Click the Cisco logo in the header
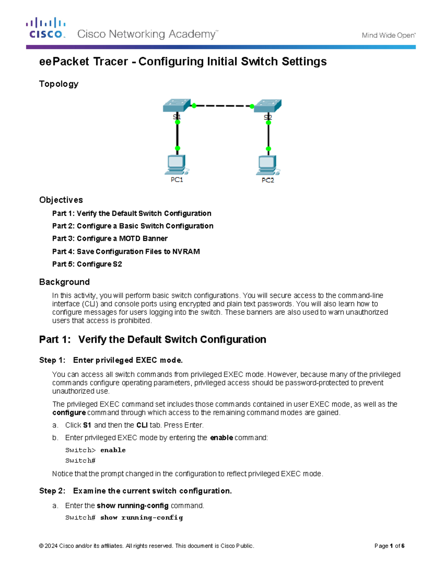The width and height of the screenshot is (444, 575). (x=46, y=28)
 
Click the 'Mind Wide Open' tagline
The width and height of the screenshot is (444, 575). (x=388, y=35)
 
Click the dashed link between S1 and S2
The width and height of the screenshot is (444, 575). (x=222, y=106)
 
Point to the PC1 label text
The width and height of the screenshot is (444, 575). (x=177, y=180)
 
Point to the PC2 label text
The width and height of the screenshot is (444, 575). (x=268, y=180)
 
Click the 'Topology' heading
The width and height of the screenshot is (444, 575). (x=59, y=84)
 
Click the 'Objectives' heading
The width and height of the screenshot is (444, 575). (x=61, y=200)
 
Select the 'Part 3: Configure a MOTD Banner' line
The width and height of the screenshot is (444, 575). (x=110, y=238)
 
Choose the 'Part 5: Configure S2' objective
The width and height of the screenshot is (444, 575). (x=87, y=264)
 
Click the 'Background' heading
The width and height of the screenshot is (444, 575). (x=64, y=282)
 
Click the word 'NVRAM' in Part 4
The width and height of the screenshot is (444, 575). (x=186, y=251)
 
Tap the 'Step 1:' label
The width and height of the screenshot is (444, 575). (x=52, y=360)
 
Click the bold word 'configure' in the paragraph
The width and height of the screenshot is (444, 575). (x=69, y=412)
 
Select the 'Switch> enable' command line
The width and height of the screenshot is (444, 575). (x=95, y=450)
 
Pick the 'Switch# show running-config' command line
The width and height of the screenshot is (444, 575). (x=124, y=518)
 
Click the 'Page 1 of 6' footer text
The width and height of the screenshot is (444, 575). (x=389, y=546)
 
